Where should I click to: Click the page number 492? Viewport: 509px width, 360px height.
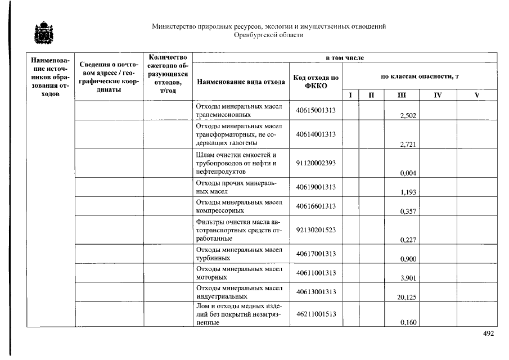point(488,334)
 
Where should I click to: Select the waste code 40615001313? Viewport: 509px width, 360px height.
point(316,110)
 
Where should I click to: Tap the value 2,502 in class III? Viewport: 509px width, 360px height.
point(408,116)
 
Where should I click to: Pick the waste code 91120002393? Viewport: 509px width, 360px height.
point(316,163)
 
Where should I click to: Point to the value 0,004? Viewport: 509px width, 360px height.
point(408,173)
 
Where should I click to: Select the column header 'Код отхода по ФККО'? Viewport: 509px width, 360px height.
point(316,82)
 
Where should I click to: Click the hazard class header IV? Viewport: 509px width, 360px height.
point(438,96)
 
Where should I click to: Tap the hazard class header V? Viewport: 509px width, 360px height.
point(476,96)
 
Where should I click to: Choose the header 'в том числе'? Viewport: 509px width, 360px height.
point(345,58)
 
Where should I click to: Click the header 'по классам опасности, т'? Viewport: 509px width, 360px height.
point(420,76)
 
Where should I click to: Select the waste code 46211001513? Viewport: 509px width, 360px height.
point(316,313)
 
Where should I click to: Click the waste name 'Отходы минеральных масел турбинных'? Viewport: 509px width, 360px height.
point(238,254)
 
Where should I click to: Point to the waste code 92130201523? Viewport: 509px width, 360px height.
point(316,229)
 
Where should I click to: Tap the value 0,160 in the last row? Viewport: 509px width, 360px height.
point(408,323)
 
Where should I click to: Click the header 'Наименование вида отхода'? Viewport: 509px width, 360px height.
point(240,82)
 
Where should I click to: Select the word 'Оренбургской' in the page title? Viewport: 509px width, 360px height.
point(254,35)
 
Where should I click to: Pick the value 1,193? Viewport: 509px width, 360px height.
point(408,192)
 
